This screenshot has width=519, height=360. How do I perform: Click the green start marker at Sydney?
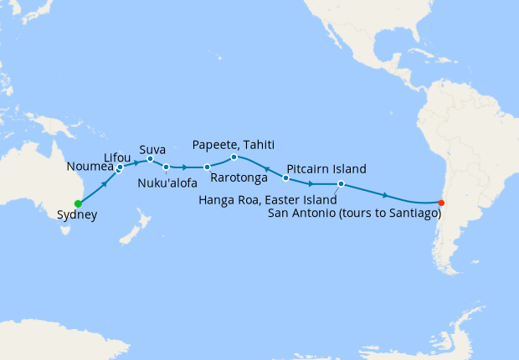[78, 203]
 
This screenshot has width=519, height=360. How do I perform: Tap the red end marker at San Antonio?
[441, 202]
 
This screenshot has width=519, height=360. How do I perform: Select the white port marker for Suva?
[150, 158]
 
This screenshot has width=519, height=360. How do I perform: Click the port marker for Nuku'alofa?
[166, 167]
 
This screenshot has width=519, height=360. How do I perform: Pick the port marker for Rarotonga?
[207, 167]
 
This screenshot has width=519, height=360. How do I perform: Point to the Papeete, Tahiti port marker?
[234, 157]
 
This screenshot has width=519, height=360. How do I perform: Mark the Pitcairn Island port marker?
[286, 177]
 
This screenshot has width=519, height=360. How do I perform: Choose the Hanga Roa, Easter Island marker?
[341, 183]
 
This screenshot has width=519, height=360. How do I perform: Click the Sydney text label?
[77, 215]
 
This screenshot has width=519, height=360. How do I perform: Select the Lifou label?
[116, 157]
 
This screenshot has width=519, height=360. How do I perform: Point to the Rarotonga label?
[239, 178]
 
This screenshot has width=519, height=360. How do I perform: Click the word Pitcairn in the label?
[310, 167]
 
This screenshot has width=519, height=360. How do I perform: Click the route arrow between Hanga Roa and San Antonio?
[384, 195]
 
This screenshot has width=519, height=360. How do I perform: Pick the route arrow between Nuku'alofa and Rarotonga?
[184, 167]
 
